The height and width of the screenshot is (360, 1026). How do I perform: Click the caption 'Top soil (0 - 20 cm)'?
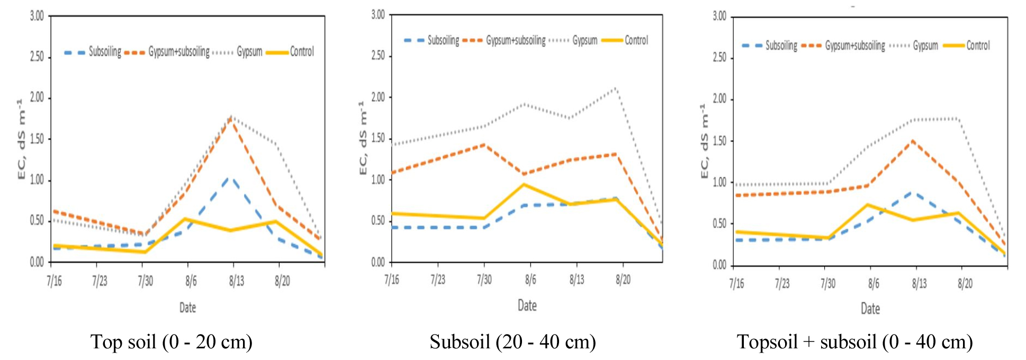(x=171, y=342)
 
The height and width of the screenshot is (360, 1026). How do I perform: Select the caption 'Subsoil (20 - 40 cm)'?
(x=512, y=342)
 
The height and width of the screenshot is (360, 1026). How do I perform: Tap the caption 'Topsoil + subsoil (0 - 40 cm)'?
(x=854, y=342)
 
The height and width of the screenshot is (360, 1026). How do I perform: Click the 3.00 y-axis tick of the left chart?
(x=37, y=16)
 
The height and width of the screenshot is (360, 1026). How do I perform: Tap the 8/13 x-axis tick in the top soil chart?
(x=236, y=281)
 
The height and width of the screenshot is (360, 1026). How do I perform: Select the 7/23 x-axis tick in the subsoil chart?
(x=437, y=280)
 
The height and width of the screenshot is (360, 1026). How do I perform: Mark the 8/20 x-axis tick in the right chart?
(x=965, y=284)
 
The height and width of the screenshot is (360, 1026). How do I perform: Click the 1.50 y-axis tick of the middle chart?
(x=378, y=138)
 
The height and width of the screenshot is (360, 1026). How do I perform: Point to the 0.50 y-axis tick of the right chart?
(x=719, y=224)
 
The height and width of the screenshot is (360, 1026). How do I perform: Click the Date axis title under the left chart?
(x=187, y=308)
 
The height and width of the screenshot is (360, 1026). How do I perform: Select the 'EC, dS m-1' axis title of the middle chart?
(x=363, y=138)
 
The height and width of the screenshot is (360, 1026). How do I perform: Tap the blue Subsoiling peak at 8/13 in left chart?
(x=230, y=178)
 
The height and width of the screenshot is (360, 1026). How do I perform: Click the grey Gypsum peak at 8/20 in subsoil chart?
(x=615, y=88)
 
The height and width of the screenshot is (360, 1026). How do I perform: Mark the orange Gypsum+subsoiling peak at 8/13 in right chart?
(x=913, y=141)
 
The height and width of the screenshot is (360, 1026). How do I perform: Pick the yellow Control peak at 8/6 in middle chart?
(x=524, y=185)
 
